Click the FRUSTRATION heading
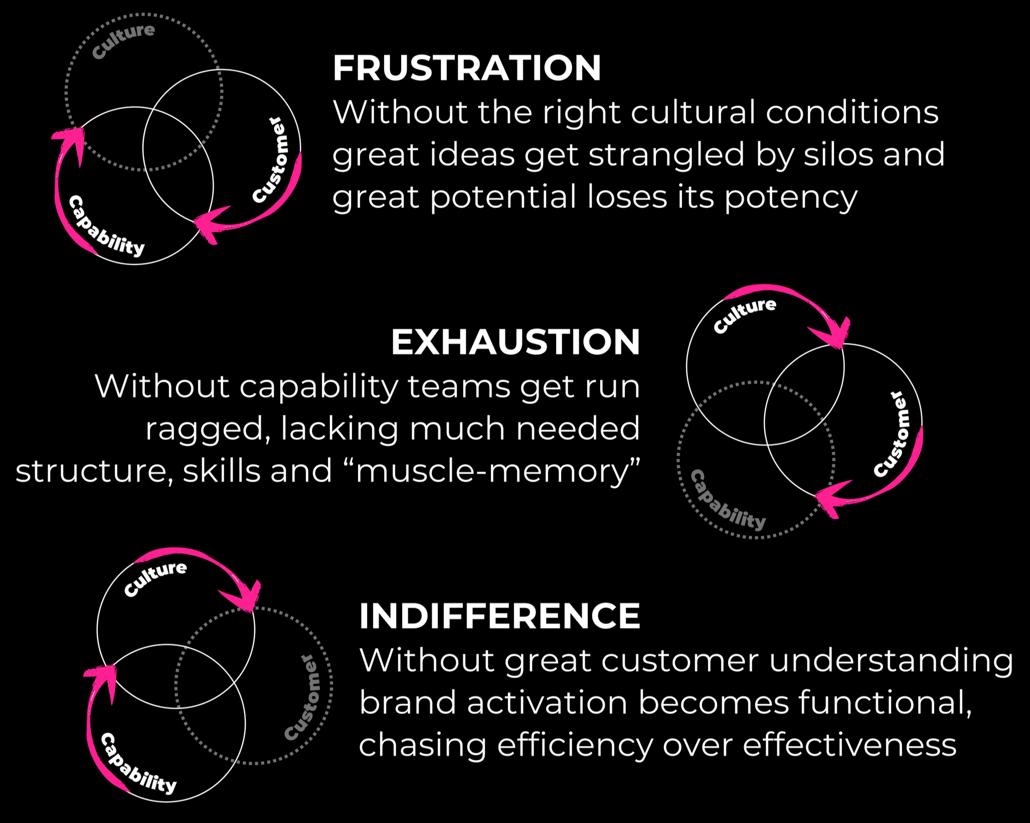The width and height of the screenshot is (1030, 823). tap(466, 68)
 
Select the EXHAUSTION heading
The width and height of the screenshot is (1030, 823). tap(515, 342)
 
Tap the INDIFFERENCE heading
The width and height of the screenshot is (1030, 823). tap(499, 616)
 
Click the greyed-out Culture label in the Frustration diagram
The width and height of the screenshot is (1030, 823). tap(124, 41)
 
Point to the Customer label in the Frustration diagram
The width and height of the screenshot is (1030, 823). tap(270, 161)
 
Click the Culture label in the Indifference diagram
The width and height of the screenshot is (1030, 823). tap(155, 579)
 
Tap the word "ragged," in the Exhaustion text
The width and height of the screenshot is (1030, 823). tap(208, 430)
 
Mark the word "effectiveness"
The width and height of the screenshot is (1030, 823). tap(849, 745)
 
